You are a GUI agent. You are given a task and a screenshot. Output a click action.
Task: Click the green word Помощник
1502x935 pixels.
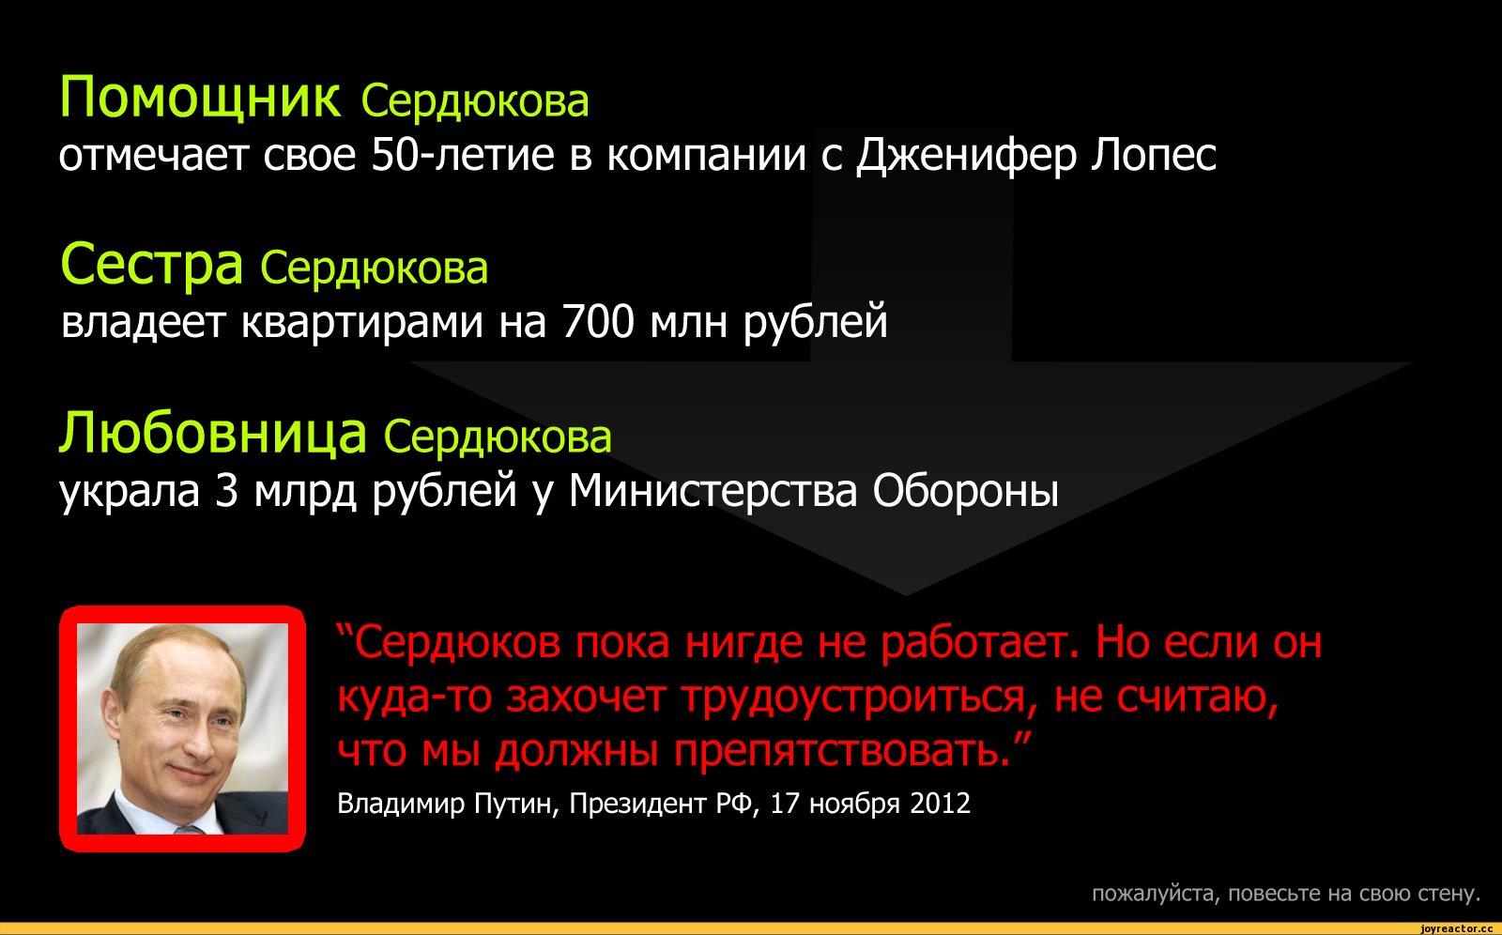(x=200, y=98)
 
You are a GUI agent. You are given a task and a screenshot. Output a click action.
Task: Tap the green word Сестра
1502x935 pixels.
(x=151, y=265)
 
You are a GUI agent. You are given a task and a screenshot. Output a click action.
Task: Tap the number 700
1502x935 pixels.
(x=598, y=321)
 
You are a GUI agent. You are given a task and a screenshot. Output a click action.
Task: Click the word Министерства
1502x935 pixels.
(x=713, y=491)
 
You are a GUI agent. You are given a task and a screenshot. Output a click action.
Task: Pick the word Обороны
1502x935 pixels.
(x=966, y=491)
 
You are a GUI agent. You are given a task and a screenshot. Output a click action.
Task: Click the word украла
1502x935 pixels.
(x=130, y=491)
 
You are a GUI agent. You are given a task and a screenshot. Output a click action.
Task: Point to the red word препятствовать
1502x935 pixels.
(x=842, y=750)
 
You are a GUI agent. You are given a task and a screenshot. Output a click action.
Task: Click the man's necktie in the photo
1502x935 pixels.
(x=191, y=830)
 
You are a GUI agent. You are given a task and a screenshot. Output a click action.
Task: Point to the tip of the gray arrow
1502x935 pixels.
(x=907, y=595)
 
